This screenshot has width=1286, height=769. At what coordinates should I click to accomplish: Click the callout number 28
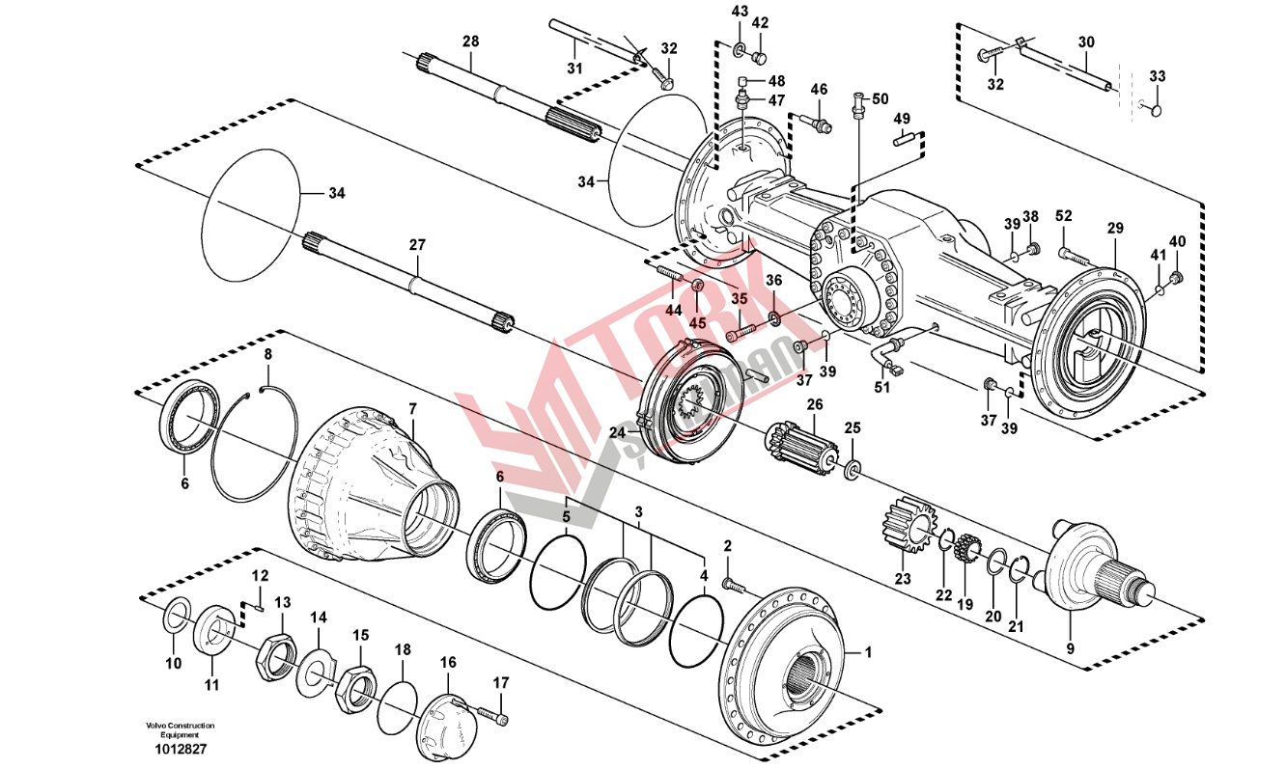(470, 41)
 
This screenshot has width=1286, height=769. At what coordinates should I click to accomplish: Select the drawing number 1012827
(181, 749)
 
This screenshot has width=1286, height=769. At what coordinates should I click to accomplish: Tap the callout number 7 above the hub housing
(412, 408)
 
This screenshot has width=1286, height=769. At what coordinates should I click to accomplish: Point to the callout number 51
(881, 388)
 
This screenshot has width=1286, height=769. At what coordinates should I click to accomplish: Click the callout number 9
(1070, 649)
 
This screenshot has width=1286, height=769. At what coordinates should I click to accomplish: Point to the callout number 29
(1115, 229)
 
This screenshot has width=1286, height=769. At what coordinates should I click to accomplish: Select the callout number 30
(1086, 41)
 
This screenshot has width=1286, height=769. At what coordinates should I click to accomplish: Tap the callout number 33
(1157, 77)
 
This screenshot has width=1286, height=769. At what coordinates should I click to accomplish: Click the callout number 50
(881, 99)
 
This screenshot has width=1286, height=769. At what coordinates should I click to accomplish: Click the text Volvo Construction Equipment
(181, 730)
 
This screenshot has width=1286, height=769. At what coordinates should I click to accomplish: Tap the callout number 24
(618, 434)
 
